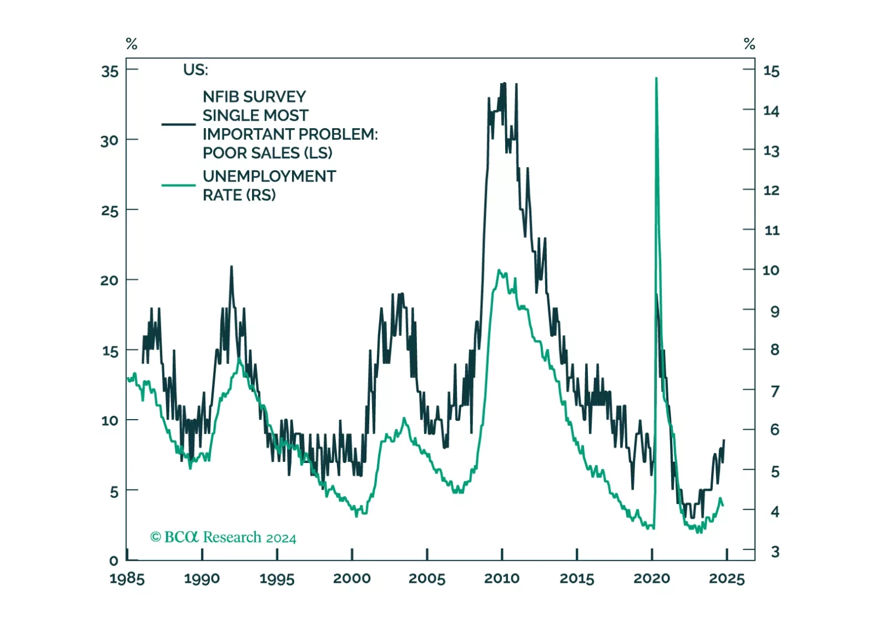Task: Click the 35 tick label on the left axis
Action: click(x=110, y=71)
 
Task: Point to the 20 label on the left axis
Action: click(x=109, y=280)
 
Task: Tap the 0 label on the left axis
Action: click(x=114, y=561)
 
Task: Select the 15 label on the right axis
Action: click(x=771, y=71)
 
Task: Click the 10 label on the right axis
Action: click(x=771, y=270)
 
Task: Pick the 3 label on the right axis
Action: click(x=775, y=552)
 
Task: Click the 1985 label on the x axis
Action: click(x=127, y=579)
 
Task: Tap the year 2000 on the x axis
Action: click(x=352, y=578)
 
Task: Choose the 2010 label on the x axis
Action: click(x=502, y=578)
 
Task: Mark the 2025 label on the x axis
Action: click(x=727, y=578)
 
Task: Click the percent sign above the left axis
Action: click(x=132, y=44)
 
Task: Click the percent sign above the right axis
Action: click(x=749, y=44)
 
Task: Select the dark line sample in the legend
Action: click(x=178, y=124)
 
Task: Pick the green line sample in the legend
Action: click(x=178, y=185)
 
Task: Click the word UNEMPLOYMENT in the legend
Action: click(x=269, y=177)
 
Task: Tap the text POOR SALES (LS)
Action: click(x=268, y=153)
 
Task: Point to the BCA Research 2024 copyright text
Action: click(x=223, y=537)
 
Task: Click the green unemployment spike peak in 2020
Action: click(x=656, y=79)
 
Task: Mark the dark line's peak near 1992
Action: click(x=231, y=267)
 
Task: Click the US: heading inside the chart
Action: click(x=195, y=70)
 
